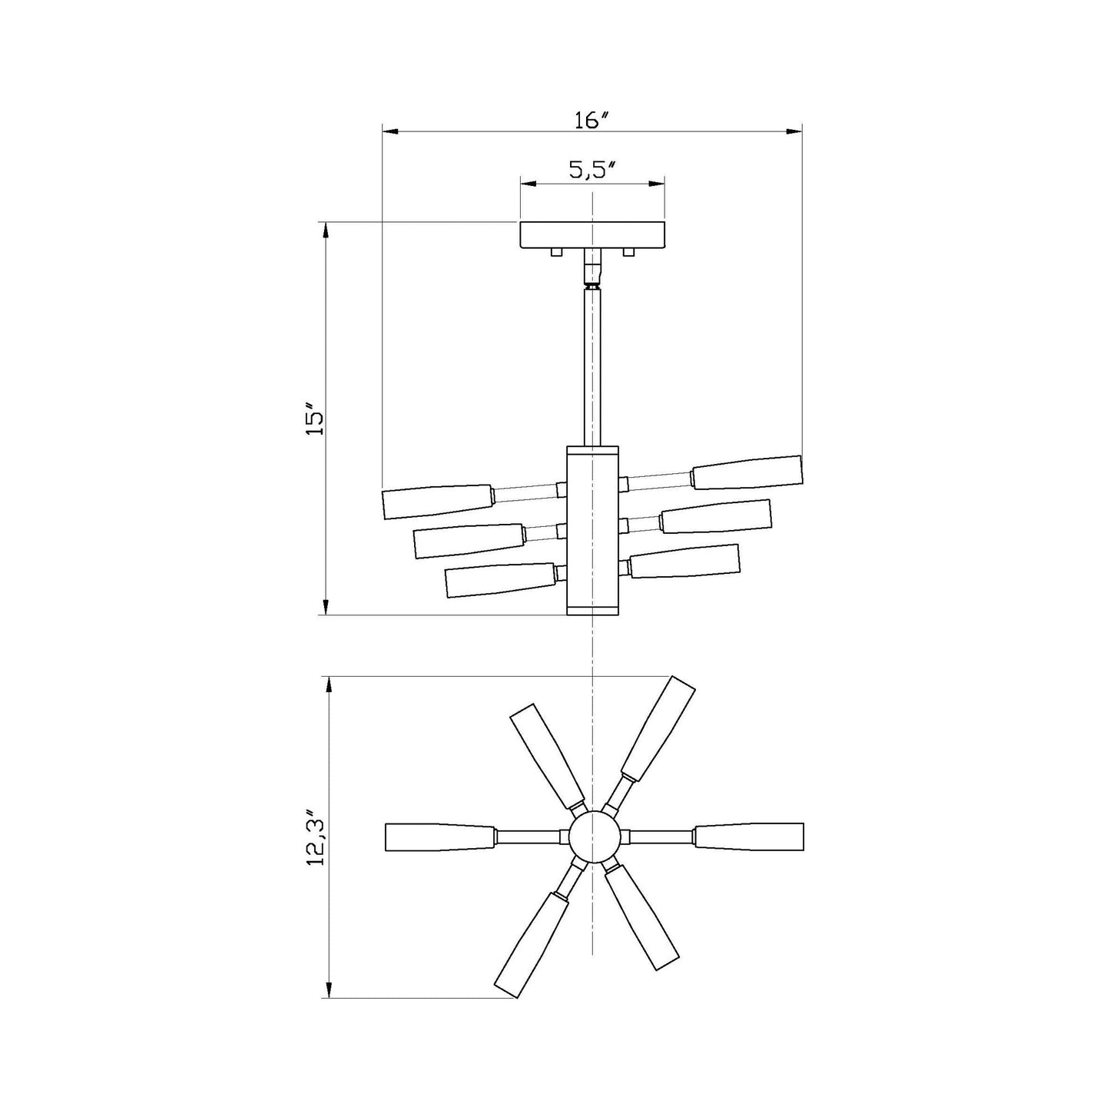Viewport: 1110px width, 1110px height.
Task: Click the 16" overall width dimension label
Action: (591, 121)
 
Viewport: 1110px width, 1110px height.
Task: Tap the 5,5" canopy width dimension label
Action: (593, 171)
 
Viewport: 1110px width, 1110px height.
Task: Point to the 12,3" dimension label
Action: (316, 837)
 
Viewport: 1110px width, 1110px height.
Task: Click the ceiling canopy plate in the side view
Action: (592, 234)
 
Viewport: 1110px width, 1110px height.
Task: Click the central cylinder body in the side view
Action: (592, 530)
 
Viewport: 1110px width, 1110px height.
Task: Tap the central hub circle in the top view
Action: (593, 837)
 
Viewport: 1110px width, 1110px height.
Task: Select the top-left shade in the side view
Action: (437, 501)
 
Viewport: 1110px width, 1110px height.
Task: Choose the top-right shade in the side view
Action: (747, 472)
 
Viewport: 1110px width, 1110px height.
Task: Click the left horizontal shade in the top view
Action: (439, 837)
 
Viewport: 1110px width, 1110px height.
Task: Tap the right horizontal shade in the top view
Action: (748, 837)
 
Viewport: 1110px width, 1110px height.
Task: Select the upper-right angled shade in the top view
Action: (658, 727)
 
